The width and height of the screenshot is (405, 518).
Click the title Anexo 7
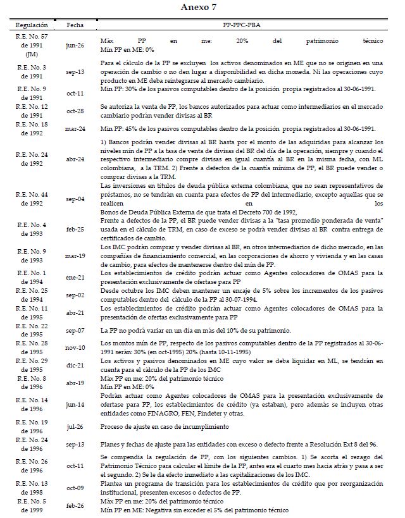(x=202, y=7)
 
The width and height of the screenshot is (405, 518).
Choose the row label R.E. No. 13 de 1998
(x=30, y=488)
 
